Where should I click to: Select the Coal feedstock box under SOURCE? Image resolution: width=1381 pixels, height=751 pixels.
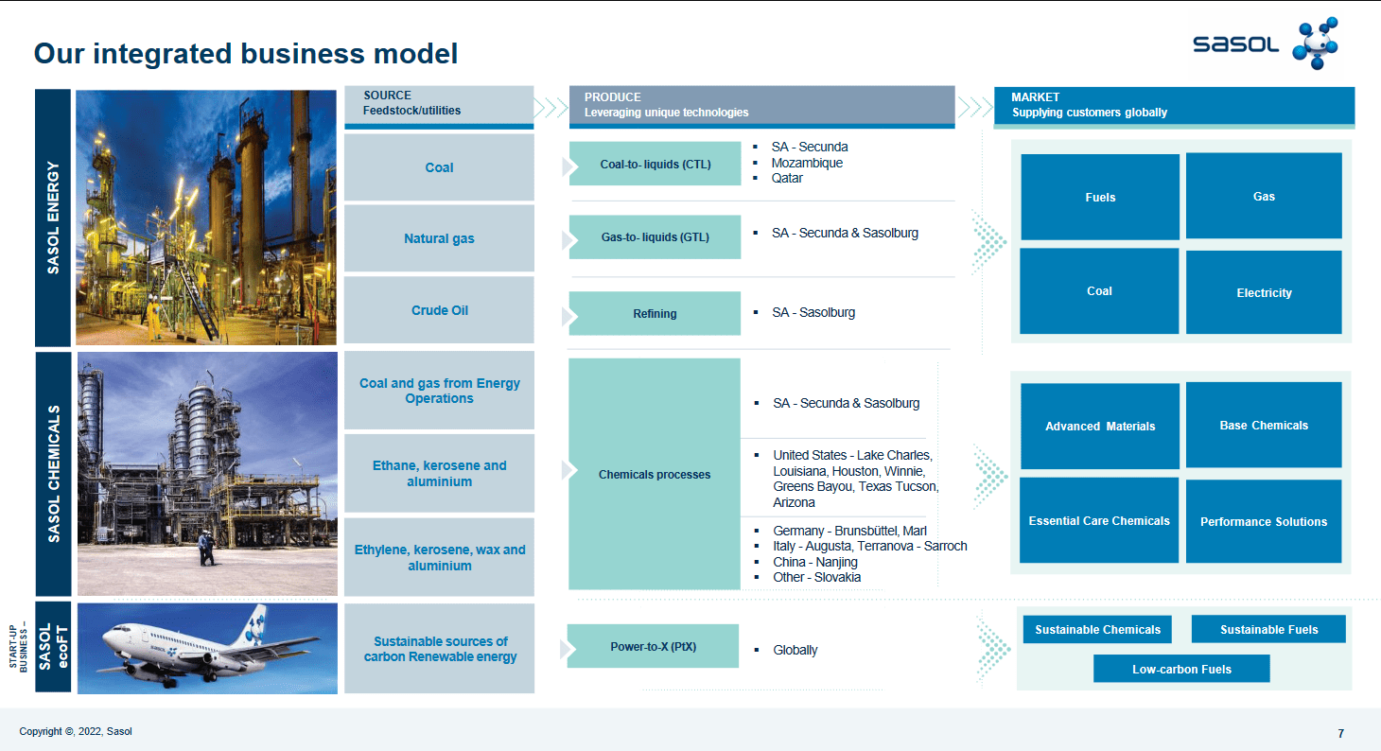coord(439,167)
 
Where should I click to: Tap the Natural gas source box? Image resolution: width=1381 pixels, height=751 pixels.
coord(439,238)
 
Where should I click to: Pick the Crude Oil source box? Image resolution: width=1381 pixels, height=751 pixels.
coord(439,310)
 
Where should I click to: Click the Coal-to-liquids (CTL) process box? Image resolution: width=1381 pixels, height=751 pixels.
coord(655,165)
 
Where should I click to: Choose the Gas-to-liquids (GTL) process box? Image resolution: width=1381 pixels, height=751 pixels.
coord(655,237)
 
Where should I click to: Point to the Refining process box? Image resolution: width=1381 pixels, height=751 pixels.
coord(655,313)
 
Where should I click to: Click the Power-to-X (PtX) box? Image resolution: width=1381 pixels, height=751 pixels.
coord(653,647)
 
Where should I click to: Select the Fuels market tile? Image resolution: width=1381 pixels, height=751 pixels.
coord(1100,197)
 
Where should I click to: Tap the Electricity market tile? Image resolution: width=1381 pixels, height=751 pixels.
coord(1264,292)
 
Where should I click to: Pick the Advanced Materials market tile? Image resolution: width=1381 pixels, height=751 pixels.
coord(1100,426)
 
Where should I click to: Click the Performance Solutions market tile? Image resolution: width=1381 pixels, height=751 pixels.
coord(1264,521)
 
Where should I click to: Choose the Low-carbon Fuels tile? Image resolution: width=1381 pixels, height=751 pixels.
coord(1181,669)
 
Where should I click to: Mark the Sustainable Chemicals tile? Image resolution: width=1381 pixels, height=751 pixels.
coord(1097,629)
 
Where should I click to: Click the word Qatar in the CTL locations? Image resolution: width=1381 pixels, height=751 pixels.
coord(787,178)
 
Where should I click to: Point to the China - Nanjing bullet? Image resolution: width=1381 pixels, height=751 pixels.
coord(814,562)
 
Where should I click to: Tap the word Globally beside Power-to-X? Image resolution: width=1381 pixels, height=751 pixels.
coord(795,650)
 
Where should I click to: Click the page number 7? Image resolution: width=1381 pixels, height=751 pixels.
coord(1340,733)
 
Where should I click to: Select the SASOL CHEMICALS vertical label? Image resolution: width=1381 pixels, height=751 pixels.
coord(54,474)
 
